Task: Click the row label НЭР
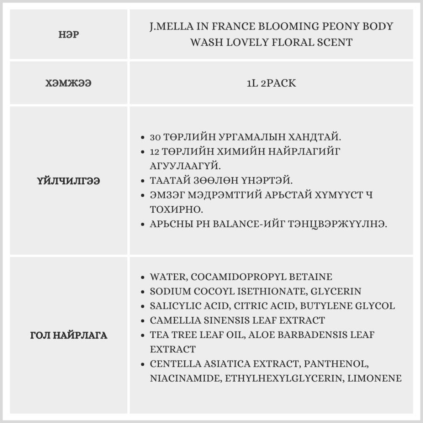click(x=69, y=35)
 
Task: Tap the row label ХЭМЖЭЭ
click(x=69, y=83)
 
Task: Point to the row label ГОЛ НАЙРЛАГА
click(x=69, y=336)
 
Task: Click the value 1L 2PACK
click(x=271, y=83)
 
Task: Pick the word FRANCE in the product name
click(x=233, y=27)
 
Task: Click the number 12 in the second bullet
click(x=155, y=152)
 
